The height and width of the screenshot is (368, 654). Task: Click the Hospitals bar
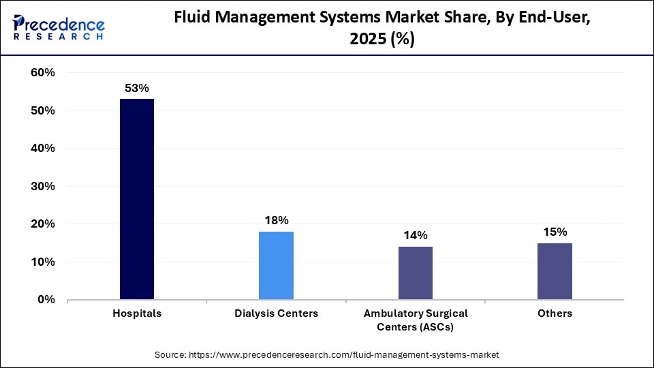pos(137,199)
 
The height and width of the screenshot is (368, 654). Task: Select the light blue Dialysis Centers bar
pos(276,265)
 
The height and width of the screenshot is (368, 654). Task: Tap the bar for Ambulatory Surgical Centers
pos(416,273)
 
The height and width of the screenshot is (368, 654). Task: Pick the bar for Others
pos(555,271)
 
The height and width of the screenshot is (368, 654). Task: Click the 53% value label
pos(136,88)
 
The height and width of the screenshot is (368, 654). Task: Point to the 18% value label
pos(276,220)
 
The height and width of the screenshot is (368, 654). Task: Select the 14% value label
pos(416,235)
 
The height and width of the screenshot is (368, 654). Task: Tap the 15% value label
pos(555,232)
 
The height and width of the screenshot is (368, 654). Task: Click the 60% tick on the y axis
pos(42,73)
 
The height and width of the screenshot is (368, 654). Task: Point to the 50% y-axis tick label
pos(42,110)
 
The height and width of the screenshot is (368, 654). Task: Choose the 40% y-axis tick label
pos(42,149)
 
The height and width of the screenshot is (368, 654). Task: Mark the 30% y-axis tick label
pos(42,186)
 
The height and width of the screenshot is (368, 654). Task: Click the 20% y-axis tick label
pos(42,224)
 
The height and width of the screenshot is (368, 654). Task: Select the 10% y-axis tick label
pos(42,262)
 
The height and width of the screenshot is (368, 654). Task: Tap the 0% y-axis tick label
pos(46,300)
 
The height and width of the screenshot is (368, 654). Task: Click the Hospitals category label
pos(137,313)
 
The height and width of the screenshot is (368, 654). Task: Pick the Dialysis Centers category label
pos(276,313)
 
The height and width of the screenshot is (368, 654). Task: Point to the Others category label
pos(555,313)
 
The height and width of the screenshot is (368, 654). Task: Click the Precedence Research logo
pos(59,27)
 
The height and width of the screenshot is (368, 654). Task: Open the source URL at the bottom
pos(327,354)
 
